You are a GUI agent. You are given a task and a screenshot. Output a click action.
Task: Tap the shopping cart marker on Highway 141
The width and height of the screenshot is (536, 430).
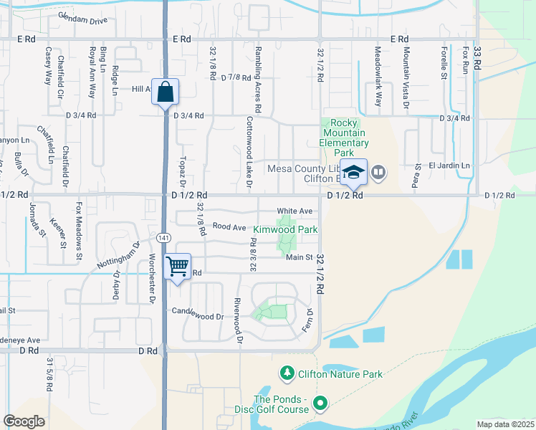click(178, 267)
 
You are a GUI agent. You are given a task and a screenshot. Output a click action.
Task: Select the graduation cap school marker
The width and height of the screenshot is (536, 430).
click(353, 172)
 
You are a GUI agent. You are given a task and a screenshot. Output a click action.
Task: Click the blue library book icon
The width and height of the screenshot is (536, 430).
click(378, 172)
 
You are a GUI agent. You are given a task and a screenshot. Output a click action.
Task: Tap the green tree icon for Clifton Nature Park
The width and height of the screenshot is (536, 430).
click(287, 373)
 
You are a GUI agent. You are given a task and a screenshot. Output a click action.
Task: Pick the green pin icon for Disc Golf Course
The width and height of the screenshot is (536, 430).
click(320, 404)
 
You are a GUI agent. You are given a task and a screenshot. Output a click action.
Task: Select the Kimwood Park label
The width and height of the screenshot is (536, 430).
click(284, 230)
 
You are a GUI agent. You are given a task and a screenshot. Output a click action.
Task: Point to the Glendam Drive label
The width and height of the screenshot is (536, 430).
click(82, 18)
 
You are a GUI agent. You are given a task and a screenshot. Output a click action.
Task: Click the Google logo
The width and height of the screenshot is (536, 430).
click(24, 421)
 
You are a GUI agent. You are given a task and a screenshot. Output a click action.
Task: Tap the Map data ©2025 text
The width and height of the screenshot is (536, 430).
click(505, 424)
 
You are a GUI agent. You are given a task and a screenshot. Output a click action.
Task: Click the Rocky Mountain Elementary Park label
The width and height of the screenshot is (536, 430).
click(343, 138)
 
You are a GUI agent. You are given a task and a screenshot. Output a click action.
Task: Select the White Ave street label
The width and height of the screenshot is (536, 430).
click(295, 211)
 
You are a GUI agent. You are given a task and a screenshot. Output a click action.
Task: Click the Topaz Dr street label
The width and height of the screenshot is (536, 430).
click(183, 168)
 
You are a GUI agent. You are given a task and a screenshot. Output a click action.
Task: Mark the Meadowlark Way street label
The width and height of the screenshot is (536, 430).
click(379, 71)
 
